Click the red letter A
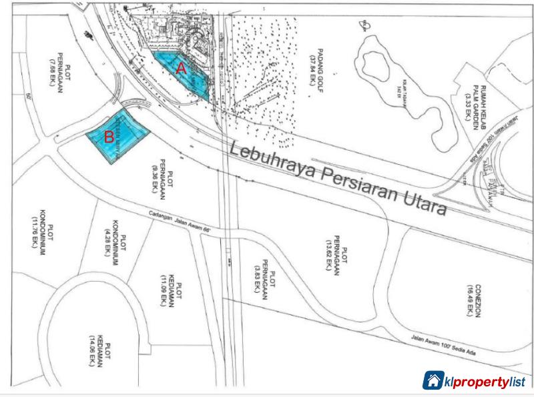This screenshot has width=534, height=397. click(x=180, y=67)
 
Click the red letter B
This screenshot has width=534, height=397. click(x=108, y=139)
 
